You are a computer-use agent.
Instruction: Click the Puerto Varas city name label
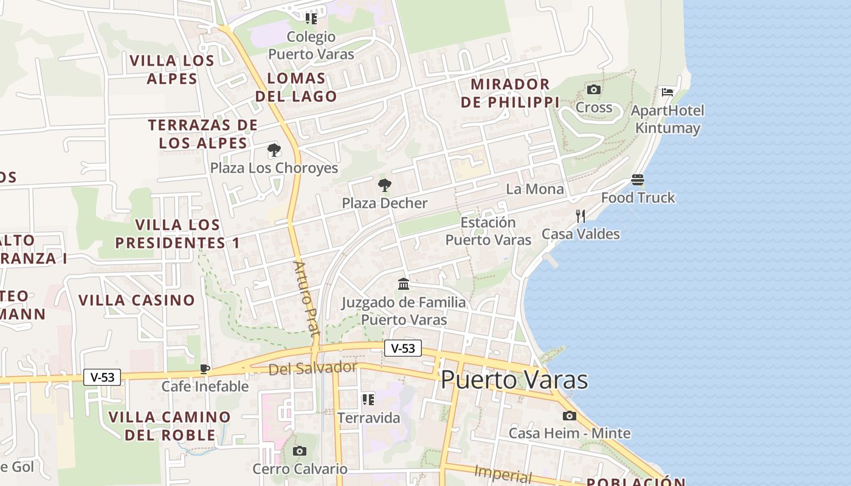pos(514,380)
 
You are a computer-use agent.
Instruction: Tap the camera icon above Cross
pos(594,90)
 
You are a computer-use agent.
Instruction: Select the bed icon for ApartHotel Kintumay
pos(667,92)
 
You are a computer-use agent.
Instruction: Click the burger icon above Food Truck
pos(637,180)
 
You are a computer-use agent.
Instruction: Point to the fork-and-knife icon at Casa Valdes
pos(581,216)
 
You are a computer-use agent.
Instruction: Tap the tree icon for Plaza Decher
pos(384,185)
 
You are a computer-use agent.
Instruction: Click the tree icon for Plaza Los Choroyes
pos(274,149)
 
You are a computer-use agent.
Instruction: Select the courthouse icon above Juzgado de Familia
pos(404,284)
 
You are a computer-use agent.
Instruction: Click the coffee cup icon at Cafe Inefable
pos(205,369)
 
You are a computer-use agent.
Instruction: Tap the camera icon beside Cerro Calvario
pos(299,451)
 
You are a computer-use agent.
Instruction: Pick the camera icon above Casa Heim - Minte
pos(569,416)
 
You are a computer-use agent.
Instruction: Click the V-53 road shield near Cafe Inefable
pos(102,377)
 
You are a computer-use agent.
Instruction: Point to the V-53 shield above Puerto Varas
pos(402,348)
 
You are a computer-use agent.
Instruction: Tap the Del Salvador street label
pos(312,368)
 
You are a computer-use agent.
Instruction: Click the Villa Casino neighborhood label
pos(137,300)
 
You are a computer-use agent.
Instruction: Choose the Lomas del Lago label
pos(296,87)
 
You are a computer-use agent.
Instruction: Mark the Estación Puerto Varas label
pos(488,231)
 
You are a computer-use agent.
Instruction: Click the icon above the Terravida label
pos(368,399)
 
